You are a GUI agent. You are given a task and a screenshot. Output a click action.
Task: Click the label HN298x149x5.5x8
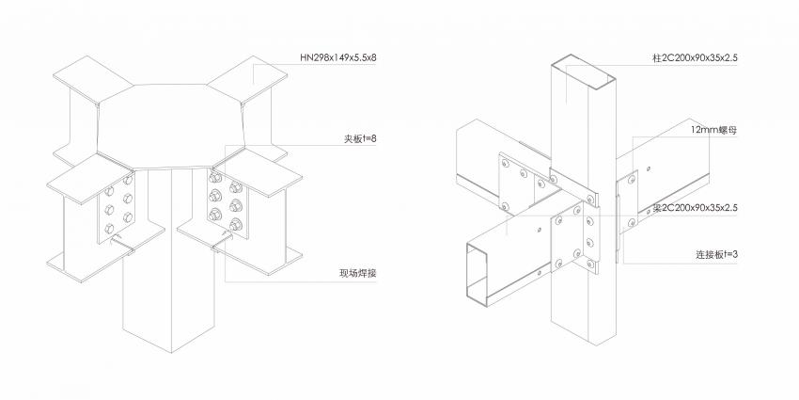coord(337,57)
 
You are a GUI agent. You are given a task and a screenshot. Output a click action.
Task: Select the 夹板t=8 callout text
coord(360,138)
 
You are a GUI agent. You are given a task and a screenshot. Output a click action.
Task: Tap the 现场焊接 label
coord(358,274)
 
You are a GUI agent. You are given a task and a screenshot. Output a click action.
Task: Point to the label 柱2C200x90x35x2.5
coord(695,58)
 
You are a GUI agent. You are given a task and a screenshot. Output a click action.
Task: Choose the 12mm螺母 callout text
coord(713,130)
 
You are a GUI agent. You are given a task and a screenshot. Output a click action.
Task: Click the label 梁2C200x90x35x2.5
coord(695,208)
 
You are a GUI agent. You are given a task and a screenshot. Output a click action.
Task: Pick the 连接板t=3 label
coord(717,254)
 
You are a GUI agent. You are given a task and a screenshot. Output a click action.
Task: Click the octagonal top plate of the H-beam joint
coord(171,126)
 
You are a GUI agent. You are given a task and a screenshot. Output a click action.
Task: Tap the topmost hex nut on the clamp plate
coord(215,178)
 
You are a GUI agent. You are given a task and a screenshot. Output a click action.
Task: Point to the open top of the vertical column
coord(584,71)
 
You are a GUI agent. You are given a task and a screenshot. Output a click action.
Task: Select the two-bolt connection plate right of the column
coord(627,201)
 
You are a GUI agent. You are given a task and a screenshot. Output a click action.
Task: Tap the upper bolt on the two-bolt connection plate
coord(632,180)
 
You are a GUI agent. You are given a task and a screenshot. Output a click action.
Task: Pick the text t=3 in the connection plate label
coord(730,254)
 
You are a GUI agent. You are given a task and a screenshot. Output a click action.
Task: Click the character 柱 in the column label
coord(657,58)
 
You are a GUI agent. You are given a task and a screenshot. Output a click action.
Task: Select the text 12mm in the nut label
coord(704,130)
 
